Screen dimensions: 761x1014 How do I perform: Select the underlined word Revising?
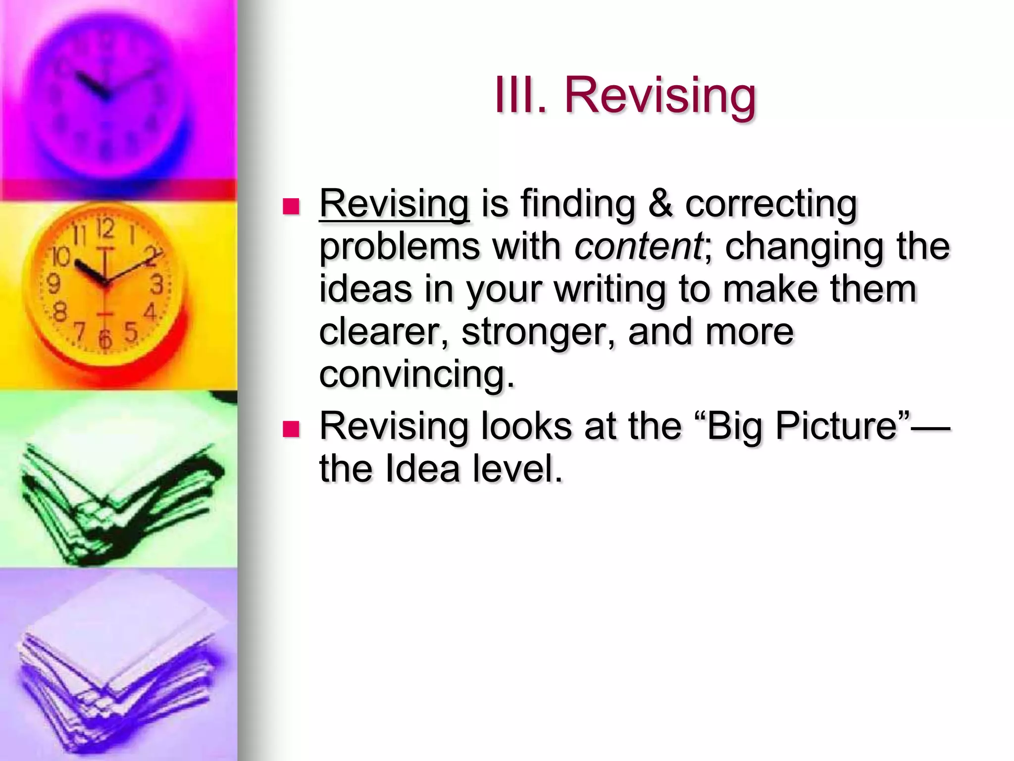[394, 205]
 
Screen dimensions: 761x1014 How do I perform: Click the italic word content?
[638, 246]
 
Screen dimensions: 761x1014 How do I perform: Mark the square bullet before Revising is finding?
[291, 207]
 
